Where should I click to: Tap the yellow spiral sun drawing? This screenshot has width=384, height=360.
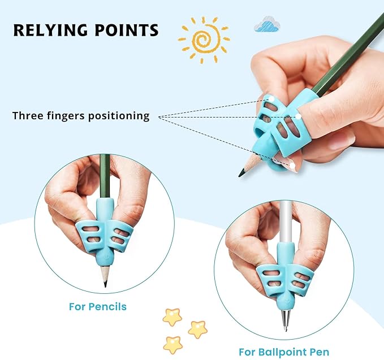click(x=204, y=40)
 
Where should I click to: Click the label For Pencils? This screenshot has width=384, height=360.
click(x=98, y=307)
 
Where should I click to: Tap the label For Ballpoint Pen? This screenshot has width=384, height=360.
click(x=284, y=352)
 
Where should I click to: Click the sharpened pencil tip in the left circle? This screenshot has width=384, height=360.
click(x=105, y=283)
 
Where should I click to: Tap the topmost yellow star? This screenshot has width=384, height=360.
click(x=172, y=316)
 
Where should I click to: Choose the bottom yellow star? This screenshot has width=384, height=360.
click(x=172, y=344)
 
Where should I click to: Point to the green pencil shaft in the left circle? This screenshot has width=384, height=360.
click(x=104, y=175)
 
